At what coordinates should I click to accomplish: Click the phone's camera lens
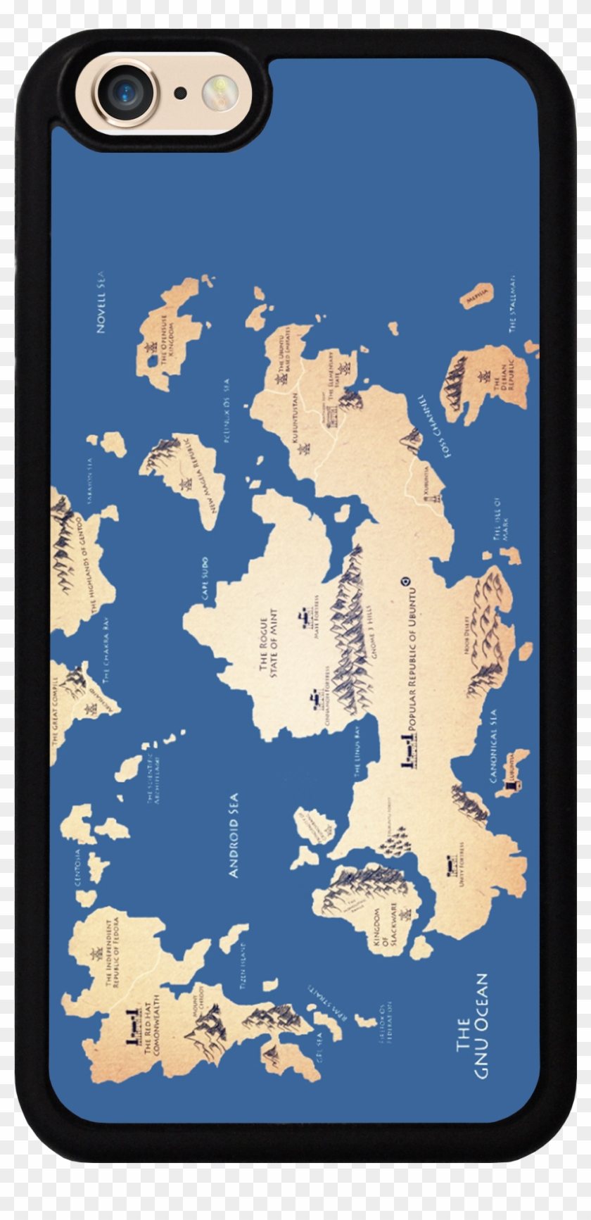tap(126, 92)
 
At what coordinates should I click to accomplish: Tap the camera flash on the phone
tap(220, 93)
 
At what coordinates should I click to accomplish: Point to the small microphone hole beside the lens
tap(181, 93)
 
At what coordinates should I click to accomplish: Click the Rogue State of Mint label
tap(269, 645)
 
